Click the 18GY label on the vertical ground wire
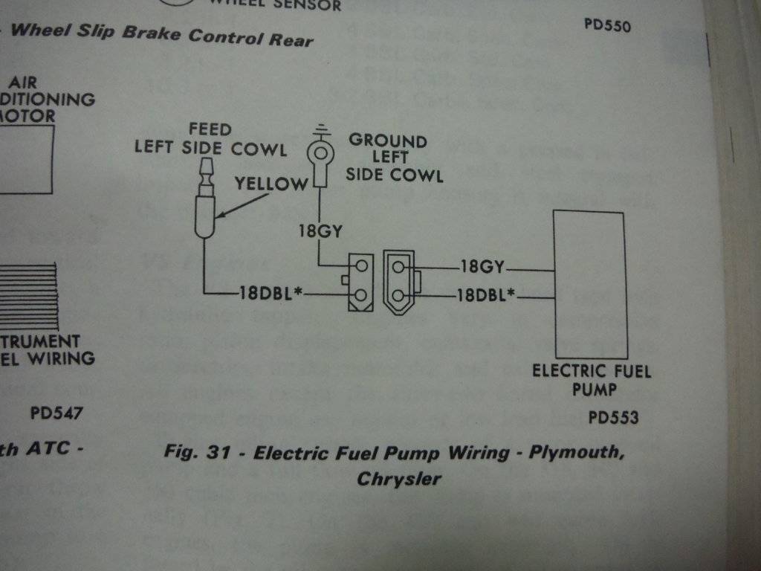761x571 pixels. tap(321, 231)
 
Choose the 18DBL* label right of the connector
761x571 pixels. tap(487, 296)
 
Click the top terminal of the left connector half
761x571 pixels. tap(361, 265)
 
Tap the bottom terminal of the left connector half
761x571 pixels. tap(361, 296)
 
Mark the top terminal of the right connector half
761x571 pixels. tap(400, 266)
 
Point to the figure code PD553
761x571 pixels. tap(613, 418)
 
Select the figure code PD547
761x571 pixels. tap(56, 413)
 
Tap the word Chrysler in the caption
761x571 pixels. tap(399, 478)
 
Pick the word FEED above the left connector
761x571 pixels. tap(210, 130)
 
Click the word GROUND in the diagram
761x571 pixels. tap(388, 141)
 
